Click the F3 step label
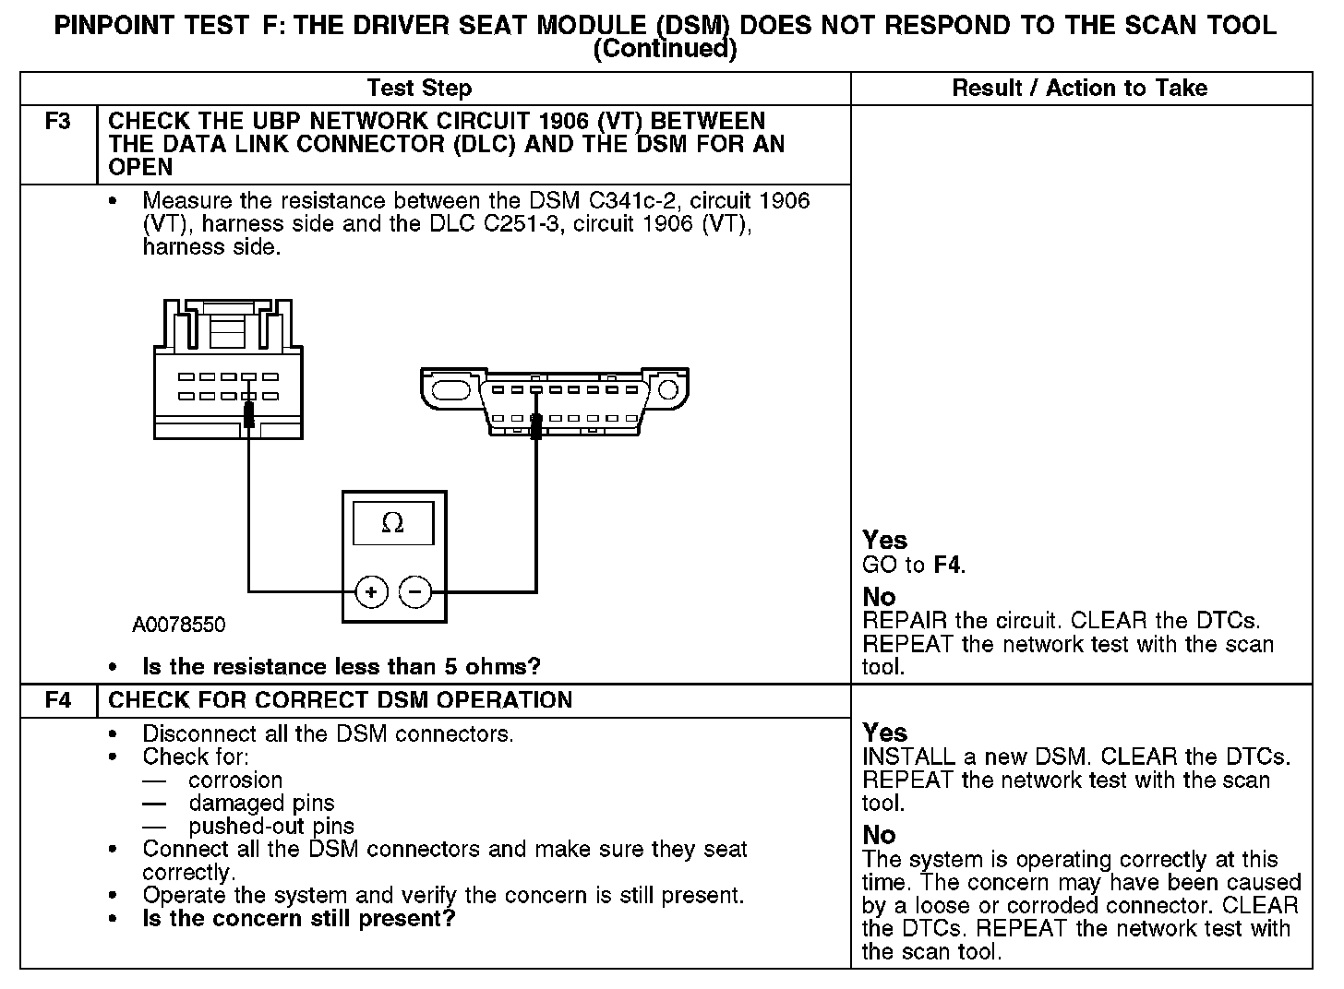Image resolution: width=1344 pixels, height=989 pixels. pos(57,122)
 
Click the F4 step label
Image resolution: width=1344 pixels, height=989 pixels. pos(57,700)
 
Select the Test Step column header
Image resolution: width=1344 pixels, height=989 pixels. pos(419,89)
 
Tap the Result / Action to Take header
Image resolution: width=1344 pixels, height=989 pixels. pos(1079,89)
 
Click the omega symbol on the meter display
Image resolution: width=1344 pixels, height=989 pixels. pos(392,524)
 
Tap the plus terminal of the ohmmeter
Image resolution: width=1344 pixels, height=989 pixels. pos(371,591)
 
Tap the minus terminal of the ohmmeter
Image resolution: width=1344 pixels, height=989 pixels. pos(415,591)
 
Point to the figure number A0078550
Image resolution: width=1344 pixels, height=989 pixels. pos(179,626)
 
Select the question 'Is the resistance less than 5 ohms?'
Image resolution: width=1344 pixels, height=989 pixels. pos(341,667)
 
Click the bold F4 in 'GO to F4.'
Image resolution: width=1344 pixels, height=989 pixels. pos(947,566)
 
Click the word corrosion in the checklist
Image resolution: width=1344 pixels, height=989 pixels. pos(235,780)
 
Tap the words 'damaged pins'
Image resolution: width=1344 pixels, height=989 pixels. pos(261,804)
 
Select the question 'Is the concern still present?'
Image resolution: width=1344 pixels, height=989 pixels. pos(298,919)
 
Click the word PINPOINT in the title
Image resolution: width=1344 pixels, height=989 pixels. pos(115,25)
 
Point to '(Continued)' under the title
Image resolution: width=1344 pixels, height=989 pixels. pos(665,49)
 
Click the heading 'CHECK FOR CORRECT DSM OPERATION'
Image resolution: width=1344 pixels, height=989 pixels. pos(341,700)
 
